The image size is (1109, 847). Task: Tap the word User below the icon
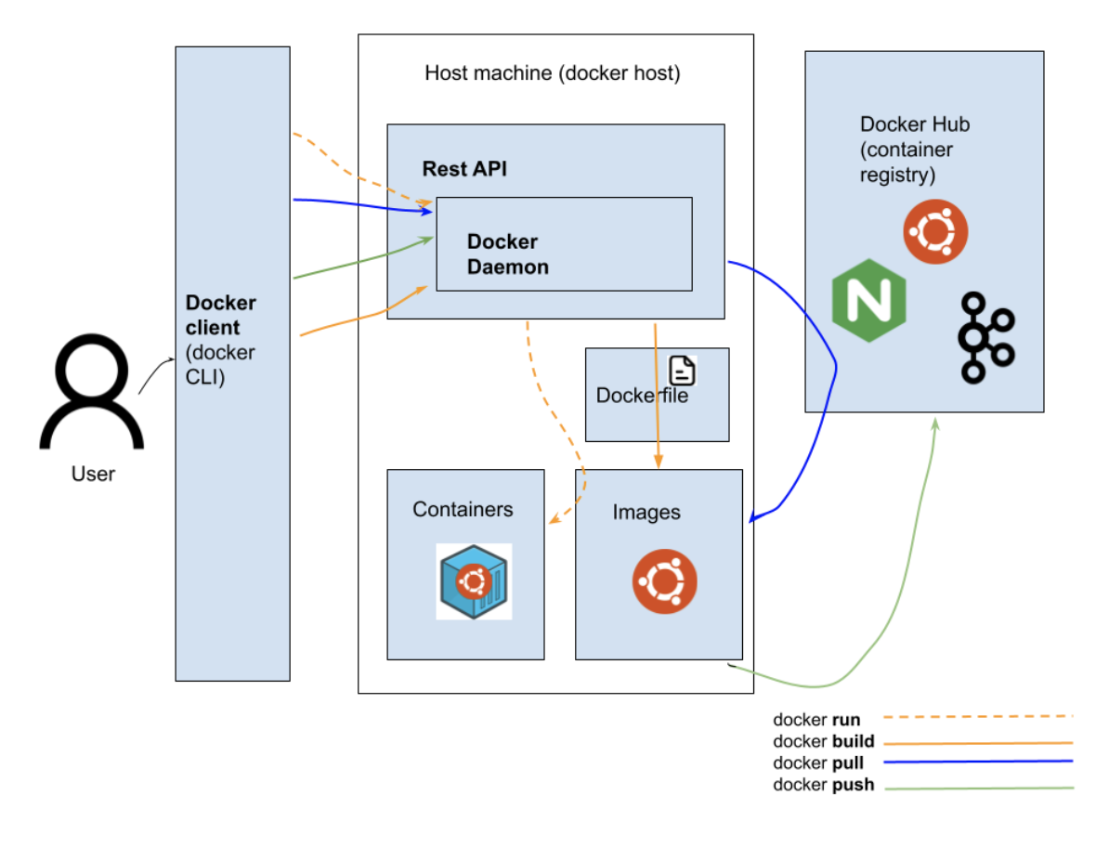(x=93, y=475)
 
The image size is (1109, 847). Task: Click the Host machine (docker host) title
(x=553, y=73)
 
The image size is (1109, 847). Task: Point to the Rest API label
(x=464, y=169)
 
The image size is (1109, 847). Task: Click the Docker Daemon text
(x=507, y=254)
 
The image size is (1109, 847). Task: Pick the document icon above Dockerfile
(x=683, y=371)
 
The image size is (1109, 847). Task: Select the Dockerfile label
(x=642, y=396)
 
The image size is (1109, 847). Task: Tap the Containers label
(x=463, y=509)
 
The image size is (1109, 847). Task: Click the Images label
(x=646, y=513)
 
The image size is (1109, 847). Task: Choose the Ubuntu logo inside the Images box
(x=665, y=582)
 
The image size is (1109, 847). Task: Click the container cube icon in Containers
(x=474, y=582)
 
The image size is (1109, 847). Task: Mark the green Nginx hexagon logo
(x=869, y=301)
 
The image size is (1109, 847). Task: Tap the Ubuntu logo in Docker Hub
(x=935, y=232)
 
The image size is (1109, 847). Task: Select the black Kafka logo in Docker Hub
(x=985, y=337)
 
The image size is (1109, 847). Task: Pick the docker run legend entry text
(x=816, y=720)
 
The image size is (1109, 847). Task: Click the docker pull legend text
(x=818, y=763)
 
